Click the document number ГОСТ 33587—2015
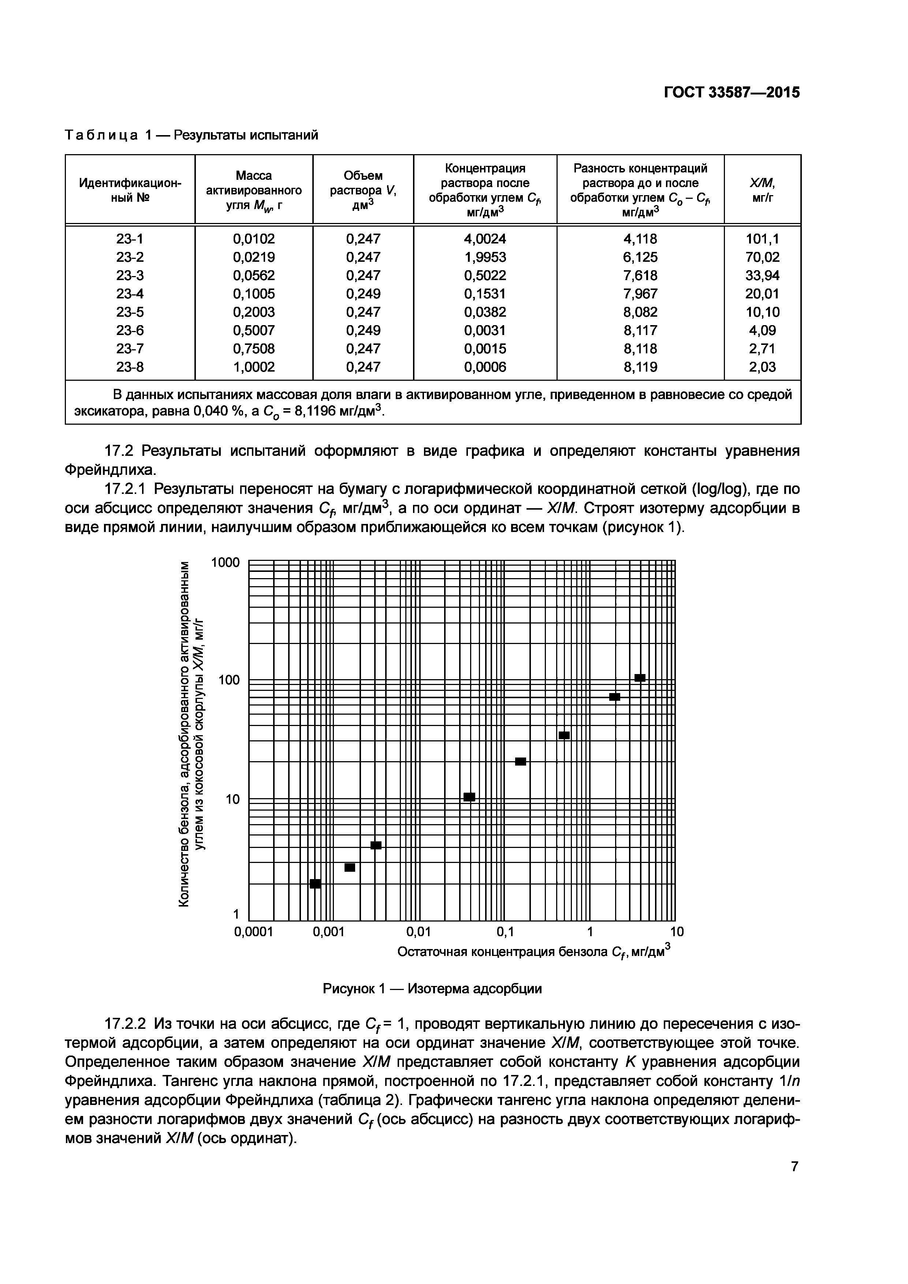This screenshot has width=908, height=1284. coord(731,92)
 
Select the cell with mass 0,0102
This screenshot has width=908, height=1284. coord(254,239)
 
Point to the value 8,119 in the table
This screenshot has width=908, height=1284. coord(640,367)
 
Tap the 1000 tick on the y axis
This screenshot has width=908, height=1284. coord(225,563)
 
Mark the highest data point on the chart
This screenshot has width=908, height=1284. coord(640,678)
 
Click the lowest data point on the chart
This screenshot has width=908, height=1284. coord(315,883)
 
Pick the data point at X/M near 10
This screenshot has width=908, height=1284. coord(469,797)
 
